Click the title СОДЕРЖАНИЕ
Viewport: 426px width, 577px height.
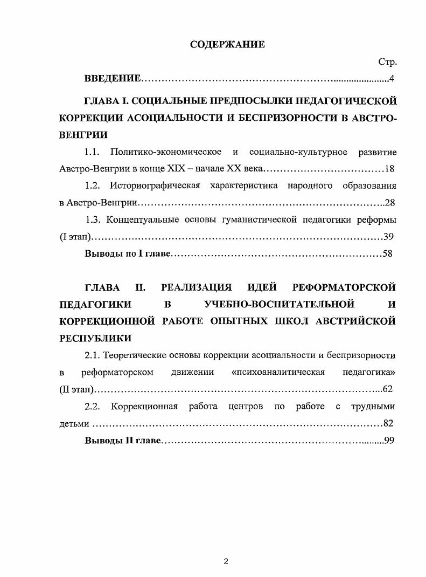[x=227, y=45]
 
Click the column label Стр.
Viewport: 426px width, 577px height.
[x=387, y=63]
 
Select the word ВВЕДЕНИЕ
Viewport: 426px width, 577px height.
[x=113, y=80]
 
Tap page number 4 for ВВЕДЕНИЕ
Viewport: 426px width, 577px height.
[x=392, y=80]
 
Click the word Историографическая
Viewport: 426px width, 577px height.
[x=155, y=186]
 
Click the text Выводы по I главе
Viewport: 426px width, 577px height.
[x=128, y=254]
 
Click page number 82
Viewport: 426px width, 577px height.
[x=387, y=423]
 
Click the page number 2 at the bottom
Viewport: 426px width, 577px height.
[x=226, y=561]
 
